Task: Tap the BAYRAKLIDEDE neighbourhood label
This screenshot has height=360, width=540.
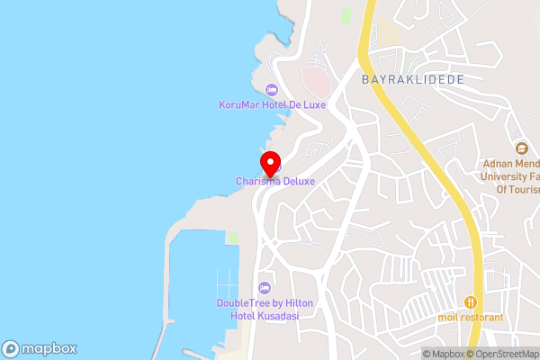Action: (x=412, y=79)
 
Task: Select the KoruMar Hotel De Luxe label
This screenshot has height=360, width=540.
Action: (x=272, y=104)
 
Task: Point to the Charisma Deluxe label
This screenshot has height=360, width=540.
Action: (x=275, y=181)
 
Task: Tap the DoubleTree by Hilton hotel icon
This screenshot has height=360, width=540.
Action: (x=264, y=288)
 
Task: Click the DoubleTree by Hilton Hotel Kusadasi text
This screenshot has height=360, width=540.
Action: (x=265, y=309)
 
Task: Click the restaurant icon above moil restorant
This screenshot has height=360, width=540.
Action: (x=470, y=302)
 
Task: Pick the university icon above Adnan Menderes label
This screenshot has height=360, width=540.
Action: (x=520, y=148)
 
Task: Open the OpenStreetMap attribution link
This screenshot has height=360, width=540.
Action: (x=505, y=354)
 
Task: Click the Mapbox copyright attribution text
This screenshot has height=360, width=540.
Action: (x=443, y=354)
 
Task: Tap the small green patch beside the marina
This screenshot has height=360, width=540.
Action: (x=232, y=238)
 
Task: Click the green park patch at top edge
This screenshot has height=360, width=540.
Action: (x=346, y=15)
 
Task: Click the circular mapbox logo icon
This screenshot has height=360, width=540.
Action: (x=11, y=348)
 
